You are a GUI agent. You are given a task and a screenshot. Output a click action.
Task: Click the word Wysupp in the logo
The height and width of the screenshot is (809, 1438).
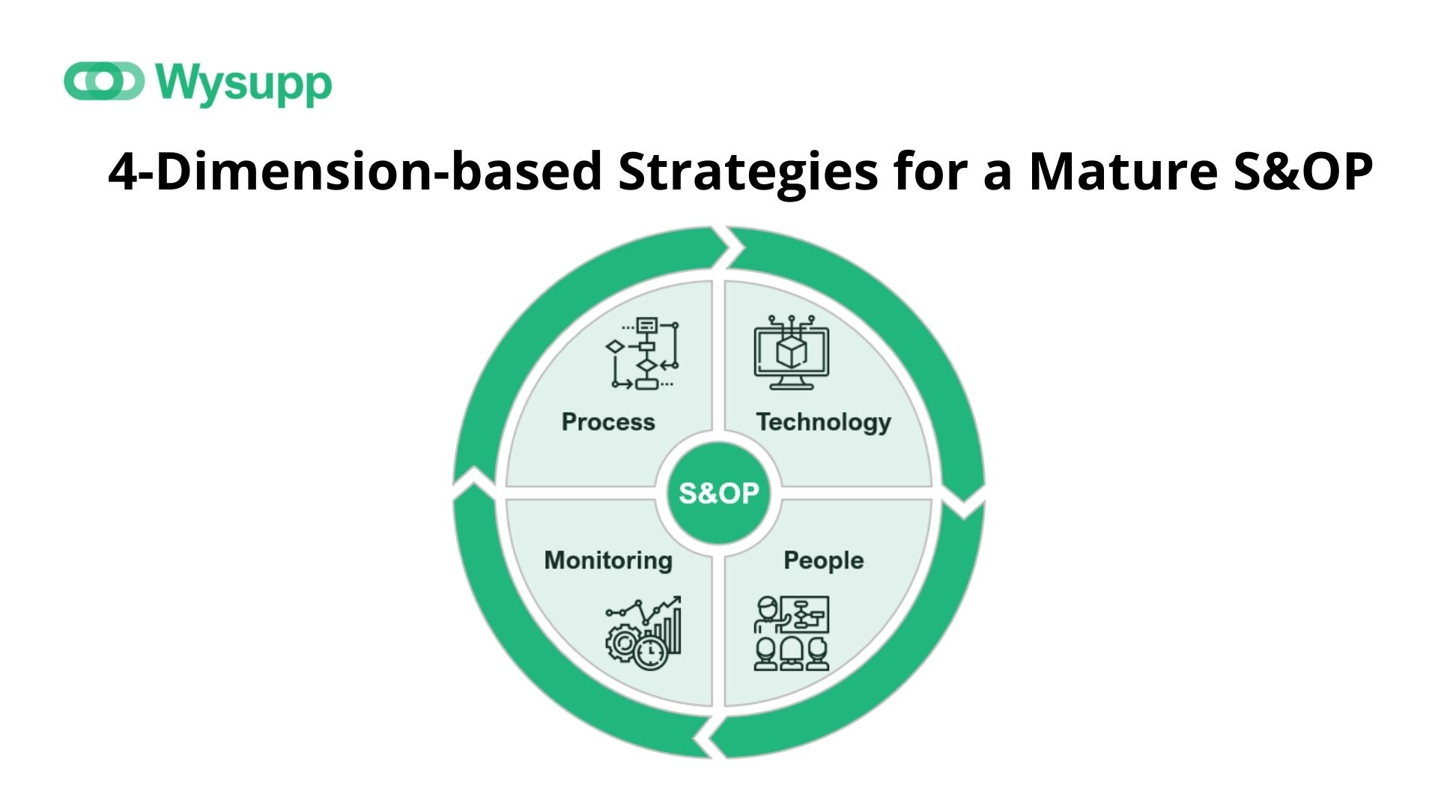[244, 84]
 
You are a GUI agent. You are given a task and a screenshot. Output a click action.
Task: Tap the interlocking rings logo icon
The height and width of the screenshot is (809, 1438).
[104, 81]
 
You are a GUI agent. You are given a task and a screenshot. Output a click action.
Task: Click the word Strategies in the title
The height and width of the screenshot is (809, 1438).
[747, 173]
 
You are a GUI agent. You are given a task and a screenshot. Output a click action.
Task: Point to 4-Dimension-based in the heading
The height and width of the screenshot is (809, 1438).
[355, 172]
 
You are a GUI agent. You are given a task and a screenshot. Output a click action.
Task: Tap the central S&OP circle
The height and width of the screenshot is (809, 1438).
[718, 493]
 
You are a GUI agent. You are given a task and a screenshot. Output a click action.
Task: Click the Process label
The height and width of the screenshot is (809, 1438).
[608, 422]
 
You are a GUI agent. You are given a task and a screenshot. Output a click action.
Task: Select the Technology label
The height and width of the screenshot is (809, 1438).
[823, 422]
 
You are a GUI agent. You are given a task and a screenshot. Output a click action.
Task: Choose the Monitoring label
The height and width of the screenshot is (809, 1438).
[608, 561]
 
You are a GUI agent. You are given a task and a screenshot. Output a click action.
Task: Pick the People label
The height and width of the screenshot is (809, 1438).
[823, 561]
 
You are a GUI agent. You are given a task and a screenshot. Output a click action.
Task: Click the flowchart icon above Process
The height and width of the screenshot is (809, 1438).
[643, 354]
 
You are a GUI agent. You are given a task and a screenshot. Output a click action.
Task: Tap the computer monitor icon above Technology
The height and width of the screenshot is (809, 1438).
[792, 352]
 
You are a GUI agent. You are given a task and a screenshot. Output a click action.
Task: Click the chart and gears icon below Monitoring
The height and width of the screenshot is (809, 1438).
[643, 634]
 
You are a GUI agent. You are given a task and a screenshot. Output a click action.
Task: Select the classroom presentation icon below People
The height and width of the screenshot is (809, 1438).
[792, 634]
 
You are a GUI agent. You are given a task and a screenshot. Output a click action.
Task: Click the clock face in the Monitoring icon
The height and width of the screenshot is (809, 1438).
[649, 652]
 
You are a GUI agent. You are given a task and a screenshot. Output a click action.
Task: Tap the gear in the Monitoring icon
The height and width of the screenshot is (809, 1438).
[622, 643]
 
